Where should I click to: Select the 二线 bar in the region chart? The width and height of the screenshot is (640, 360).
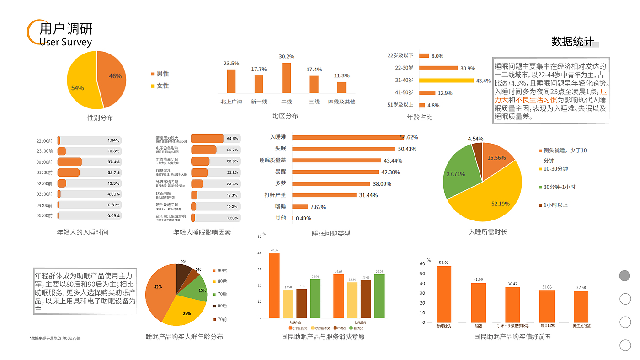(x=286, y=78)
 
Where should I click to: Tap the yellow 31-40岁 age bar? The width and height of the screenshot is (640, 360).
(x=446, y=81)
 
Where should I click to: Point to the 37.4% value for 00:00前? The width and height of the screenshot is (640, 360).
(x=113, y=162)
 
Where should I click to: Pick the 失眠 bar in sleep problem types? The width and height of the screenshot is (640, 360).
(x=343, y=149)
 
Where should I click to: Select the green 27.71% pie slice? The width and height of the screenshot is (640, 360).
(x=457, y=174)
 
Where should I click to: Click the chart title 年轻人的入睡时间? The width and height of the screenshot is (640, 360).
(x=83, y=232)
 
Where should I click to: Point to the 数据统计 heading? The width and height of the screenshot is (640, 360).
(x=572, y=42)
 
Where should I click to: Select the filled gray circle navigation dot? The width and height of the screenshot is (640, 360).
(x=624, y=275)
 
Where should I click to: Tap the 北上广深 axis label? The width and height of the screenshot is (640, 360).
(x=231, y=102)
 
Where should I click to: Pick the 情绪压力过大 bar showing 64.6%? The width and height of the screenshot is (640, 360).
(x=207, y=139)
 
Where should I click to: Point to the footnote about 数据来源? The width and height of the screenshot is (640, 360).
(x=55, y=338)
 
